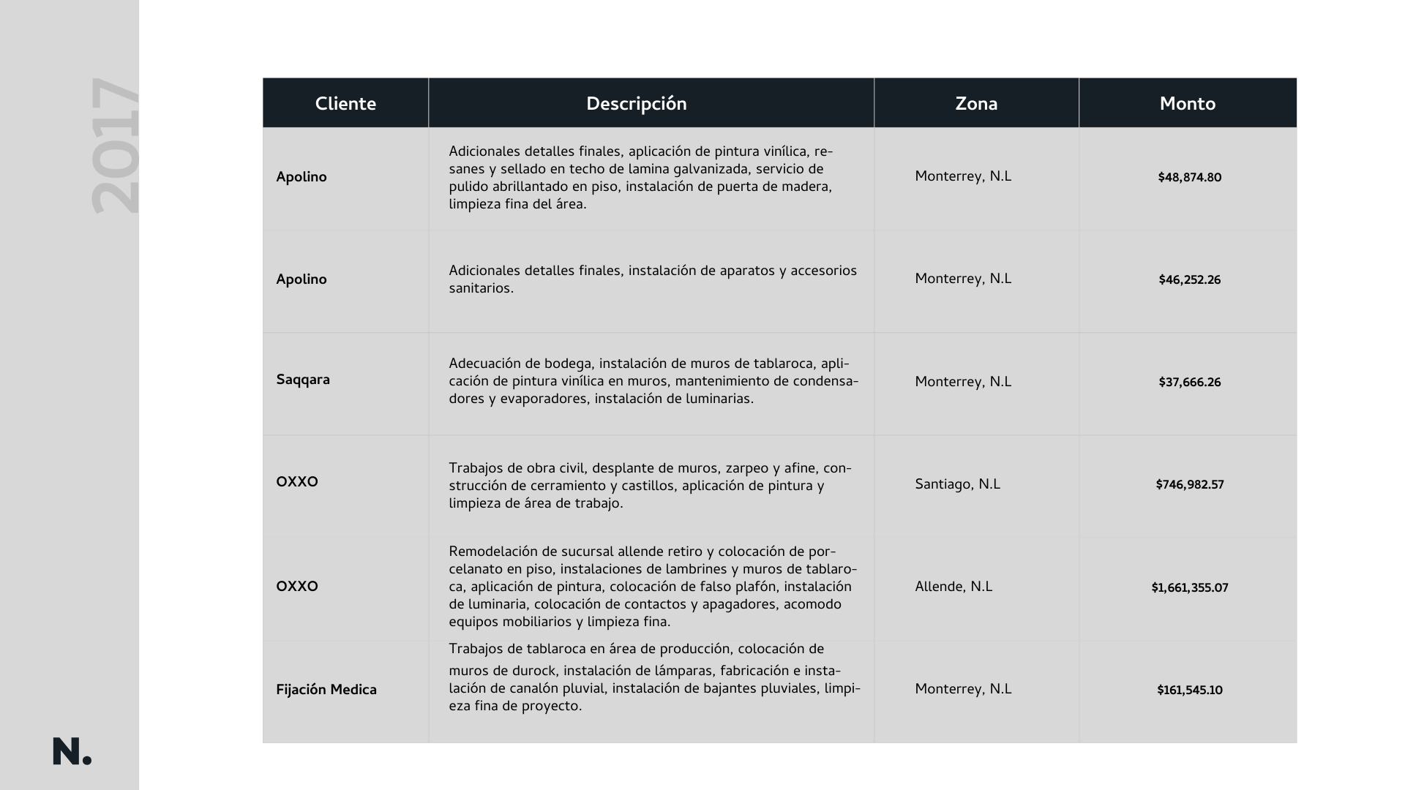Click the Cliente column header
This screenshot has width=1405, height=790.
[x=345, y=104]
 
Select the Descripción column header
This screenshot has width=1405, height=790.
[x=636, y=104]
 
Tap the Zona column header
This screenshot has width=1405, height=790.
[x=976, y=104]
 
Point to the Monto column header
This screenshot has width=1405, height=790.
[x=1187, y=104]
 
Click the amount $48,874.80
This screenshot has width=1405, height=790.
[x=1189, y=178]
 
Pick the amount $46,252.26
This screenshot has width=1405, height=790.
[x=1189, y=280]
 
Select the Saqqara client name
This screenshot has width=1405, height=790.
[x=303, y=380]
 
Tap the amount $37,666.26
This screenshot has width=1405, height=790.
[x=1189, y=383]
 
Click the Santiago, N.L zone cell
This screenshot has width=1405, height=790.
[x=957, y=484]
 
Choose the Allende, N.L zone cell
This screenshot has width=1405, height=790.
[x=953, y=587]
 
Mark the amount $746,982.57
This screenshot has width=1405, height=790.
[x=1189, y=485]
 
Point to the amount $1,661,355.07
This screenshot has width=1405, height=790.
[x=1189, y=588]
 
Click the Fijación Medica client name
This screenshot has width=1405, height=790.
[x=326, y=690]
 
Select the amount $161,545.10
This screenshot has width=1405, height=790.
[x=1189, y=691]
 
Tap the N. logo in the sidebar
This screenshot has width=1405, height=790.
[x=72, y=752]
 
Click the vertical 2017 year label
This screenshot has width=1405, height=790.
[x=115, y=146]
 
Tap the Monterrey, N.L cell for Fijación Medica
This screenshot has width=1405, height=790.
[x=963, y=689]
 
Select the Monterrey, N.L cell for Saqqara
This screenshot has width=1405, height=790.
[x=963, y=382]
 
